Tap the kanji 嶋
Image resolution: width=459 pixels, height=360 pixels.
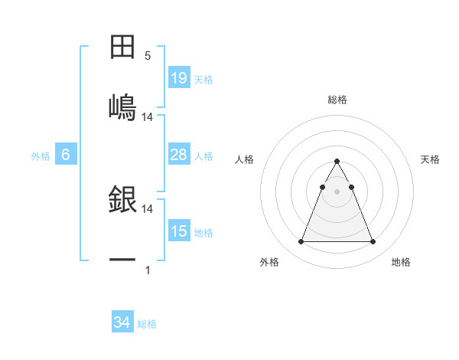122,106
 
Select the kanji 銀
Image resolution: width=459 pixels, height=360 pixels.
122,198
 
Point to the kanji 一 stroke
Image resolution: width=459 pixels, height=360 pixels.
122,260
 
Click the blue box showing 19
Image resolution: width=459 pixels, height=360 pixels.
178,77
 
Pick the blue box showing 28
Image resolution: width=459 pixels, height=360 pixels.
178,155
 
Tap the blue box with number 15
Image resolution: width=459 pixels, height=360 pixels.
178,231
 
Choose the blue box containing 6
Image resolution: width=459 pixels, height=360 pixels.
66,155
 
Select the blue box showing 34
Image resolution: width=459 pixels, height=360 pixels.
122,322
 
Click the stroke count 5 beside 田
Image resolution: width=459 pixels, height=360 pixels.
148,55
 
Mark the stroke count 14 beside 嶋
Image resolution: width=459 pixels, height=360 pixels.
148,117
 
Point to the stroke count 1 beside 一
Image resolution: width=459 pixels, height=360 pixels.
148,270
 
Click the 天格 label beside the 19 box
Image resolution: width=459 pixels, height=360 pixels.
203,79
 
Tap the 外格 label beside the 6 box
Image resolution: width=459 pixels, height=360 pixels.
41,156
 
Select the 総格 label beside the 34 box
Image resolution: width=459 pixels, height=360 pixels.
147,324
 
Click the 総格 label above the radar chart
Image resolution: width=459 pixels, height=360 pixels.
337,100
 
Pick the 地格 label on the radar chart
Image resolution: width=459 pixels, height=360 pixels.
401,262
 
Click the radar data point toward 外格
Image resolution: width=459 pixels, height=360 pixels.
301,242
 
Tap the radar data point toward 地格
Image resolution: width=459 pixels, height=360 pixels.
373,242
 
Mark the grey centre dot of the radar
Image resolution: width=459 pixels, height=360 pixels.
337,191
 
